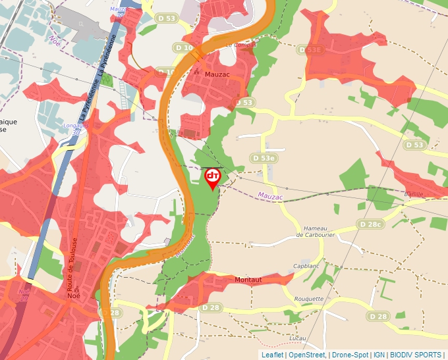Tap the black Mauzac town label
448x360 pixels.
(217, 74)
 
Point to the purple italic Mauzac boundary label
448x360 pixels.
(270, 195)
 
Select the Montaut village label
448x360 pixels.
(248, 280)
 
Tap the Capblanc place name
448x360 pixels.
(306, 267)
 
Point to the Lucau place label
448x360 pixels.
(298, 338)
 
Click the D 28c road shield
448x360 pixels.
(370, 224)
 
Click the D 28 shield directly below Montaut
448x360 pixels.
(211, 308)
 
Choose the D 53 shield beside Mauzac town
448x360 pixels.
(244, 103)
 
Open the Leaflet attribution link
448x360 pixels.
(272, 355)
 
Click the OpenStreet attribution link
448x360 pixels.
(306, 355)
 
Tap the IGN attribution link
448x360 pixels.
(379, 355)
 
